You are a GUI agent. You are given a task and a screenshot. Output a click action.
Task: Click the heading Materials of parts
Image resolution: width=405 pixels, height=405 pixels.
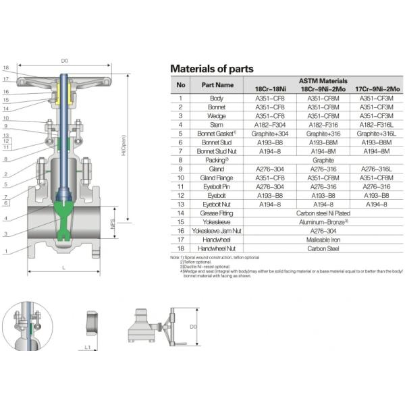tap(211, 69)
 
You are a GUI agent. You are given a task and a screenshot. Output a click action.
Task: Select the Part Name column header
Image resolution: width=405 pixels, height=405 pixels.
tap(217, 85)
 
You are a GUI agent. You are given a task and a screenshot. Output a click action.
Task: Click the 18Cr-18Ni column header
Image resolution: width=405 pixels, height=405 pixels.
tap(270, 89)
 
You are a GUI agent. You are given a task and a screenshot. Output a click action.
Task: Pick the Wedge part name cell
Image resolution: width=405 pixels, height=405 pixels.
tap(217, 115)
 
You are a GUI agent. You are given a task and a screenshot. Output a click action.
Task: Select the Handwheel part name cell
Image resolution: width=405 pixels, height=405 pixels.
tap(217, 238)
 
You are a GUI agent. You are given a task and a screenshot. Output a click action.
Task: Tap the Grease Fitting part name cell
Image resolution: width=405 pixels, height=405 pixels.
tap(217, 212)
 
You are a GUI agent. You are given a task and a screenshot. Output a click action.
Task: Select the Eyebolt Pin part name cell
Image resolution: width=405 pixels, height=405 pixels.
tap(217, 186)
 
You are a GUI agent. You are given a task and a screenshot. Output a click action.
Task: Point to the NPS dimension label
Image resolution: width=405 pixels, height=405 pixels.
tap(112, 232)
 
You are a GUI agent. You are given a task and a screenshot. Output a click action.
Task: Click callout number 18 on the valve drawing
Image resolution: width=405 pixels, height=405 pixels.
tap(6, 68)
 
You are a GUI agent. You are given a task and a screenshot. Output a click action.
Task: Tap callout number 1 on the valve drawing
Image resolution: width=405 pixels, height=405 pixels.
tap(6, 252)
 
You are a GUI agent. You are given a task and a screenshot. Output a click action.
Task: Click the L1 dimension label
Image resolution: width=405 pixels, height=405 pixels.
tap(88, 348)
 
